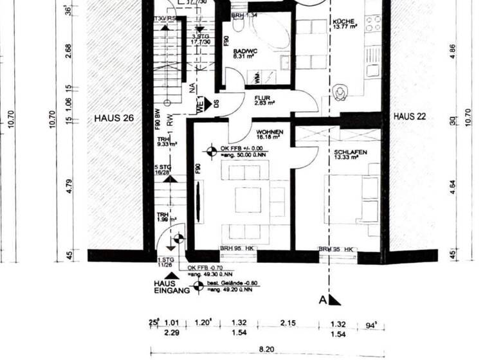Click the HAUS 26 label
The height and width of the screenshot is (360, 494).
114,118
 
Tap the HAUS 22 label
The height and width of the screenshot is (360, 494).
412,116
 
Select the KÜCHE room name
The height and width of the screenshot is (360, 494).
343,21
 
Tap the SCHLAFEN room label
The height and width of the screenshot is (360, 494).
351,154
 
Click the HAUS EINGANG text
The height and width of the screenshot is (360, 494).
170,287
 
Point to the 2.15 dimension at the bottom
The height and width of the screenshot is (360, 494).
287,323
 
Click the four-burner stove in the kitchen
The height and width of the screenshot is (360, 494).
373,24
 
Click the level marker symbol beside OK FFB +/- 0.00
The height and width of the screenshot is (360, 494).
211,152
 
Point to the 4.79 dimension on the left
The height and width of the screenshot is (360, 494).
69,191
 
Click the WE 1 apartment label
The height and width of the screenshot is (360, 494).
201,104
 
